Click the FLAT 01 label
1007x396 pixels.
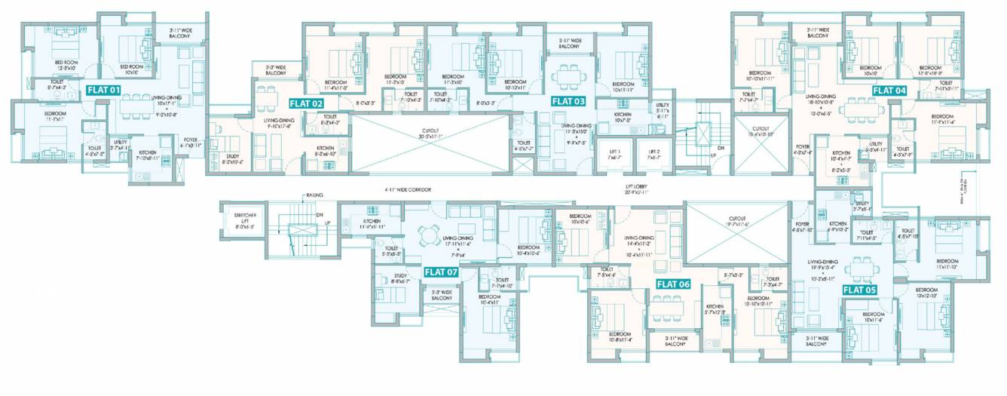click(x=104, y=90)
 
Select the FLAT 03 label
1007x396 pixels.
click(x=568, y=100)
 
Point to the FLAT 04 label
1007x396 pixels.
click(x=889, y=90)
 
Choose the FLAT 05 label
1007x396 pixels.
click(x=859, y=289)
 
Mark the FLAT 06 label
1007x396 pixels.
click(x=673, y=284)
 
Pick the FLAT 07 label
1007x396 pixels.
click(x=441, y=272)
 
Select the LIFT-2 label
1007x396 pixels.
click(x=653, y=154)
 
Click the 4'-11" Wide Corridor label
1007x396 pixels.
click(x=406, y=190)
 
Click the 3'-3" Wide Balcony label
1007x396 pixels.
click(x=275, y=71)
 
